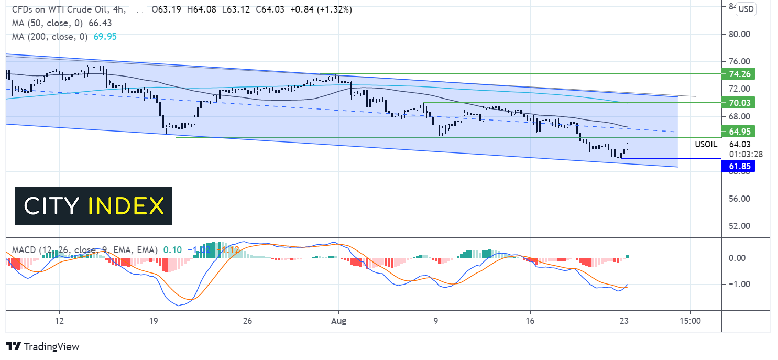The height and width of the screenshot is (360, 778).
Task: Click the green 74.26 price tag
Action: point(738,74)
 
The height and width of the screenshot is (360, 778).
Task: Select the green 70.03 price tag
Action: point(738,103)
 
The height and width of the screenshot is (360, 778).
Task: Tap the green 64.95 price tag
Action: point(738,130)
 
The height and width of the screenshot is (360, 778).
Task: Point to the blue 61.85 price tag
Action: point(738,167)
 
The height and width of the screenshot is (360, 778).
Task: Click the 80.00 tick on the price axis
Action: point(740,34)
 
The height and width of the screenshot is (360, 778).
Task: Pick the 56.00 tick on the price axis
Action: point(740,199)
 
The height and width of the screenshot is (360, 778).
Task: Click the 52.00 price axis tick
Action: point(740,226)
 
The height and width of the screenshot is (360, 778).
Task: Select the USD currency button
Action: point(746,9)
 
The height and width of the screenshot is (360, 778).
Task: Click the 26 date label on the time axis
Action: point(248,321)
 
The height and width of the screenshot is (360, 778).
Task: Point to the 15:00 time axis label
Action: point(690,321)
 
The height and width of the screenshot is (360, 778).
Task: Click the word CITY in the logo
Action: point(50,206)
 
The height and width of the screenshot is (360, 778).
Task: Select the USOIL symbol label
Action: point(706,144)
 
